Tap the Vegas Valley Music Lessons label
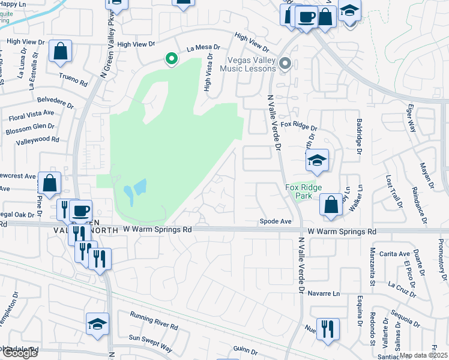click(x=252, y=64)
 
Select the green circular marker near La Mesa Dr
click(x=171, y=59)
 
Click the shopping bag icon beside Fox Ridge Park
click(x=330, y=204)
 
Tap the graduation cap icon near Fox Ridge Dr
click(x=318, y=160)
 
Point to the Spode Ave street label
click(x=275, y=221)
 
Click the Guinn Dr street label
click(x=246, y=349)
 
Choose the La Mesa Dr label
click(x=204, y=47)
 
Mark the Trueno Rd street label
click(x=74, y=79)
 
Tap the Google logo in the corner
click(x=19, y=352)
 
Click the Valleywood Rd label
click(x=38, y=140)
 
